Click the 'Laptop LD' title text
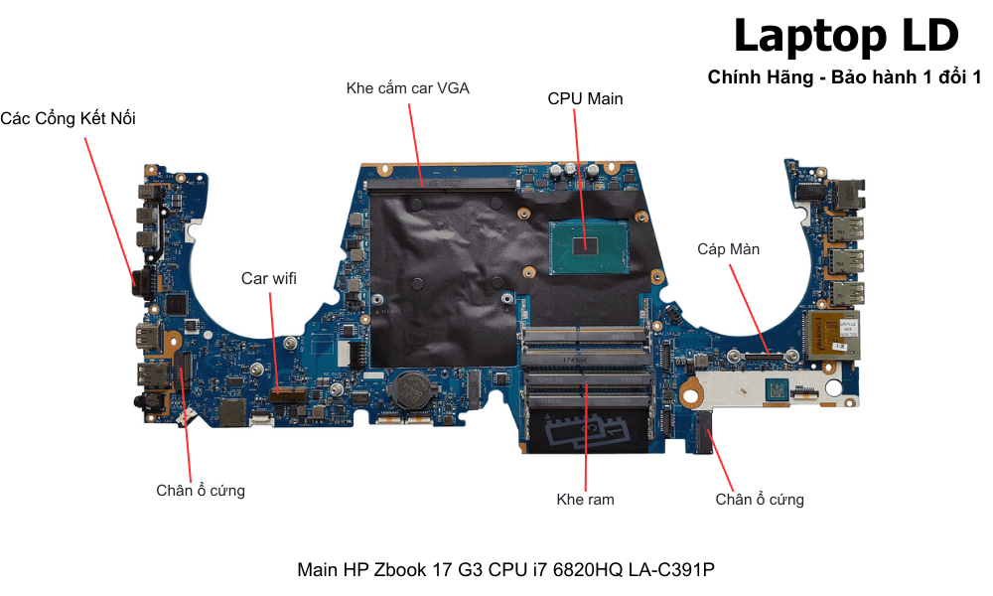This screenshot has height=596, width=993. coord(845,37)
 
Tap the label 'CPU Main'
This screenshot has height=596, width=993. coord(585,98)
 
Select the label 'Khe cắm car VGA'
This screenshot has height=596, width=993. coord(407,88)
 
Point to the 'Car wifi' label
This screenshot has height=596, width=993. coord(268,278)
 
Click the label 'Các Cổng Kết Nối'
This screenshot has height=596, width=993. coord(68,119)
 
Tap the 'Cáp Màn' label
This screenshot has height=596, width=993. coord(728,249)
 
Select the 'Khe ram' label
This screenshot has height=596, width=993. coord(585,500)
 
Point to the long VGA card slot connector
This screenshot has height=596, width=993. coord(441,184)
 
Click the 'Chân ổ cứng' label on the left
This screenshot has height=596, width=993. coord(200,491)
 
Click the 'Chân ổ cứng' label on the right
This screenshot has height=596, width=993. coord(760,500)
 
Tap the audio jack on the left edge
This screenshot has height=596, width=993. coord(150,402)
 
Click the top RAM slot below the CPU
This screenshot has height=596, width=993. coord(586,332)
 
